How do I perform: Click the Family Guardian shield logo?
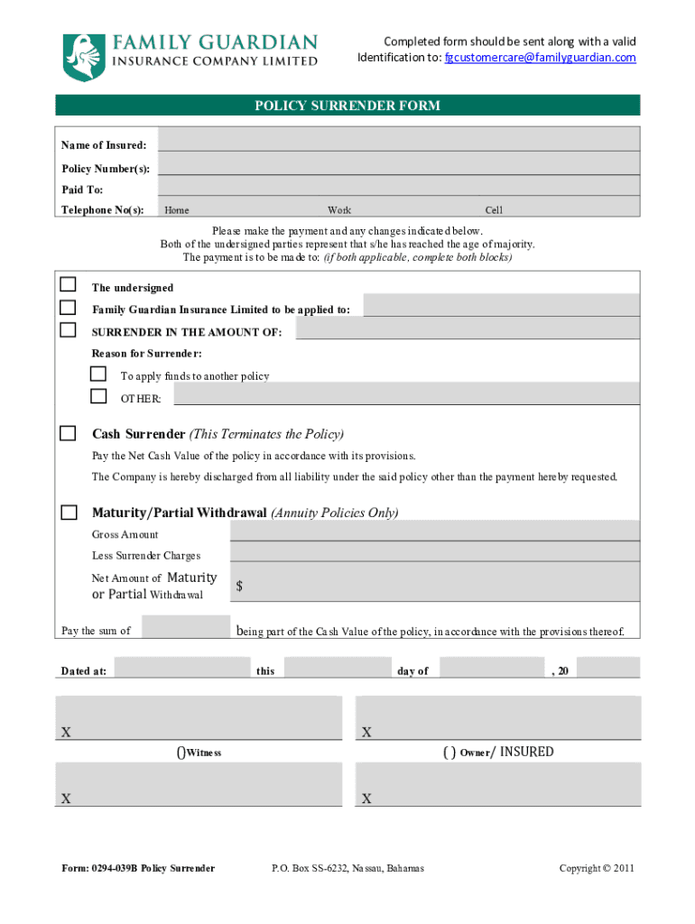80,57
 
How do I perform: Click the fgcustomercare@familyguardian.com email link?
540,58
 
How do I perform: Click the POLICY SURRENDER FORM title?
347,106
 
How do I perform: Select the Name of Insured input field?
398,140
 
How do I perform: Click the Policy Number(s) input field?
398,163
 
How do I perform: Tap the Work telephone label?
339,210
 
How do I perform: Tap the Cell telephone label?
494,210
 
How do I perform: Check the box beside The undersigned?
68,284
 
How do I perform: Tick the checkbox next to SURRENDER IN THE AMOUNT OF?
68,330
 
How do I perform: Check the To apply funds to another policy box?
98,374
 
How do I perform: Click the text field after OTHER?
406,395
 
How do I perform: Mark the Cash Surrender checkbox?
68,433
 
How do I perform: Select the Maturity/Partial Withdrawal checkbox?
69,513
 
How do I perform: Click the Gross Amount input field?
434,531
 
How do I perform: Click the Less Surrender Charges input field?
434,552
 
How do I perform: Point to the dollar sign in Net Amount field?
239,587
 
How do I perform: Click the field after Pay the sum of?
186,627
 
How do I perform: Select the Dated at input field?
181,668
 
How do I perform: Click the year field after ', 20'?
607,668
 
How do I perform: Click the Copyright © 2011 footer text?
597,868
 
